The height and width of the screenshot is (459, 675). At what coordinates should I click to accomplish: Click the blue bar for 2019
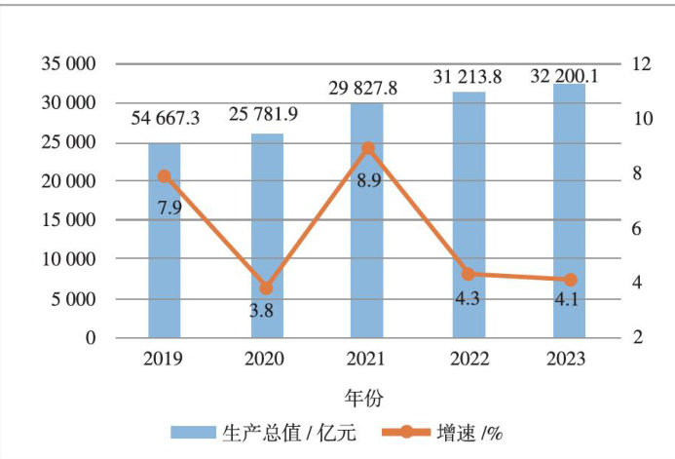click(164, 244)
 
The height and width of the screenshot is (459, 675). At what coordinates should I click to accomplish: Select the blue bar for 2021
click(367, 224)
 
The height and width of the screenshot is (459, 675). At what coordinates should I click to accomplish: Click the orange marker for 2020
click(266, 288)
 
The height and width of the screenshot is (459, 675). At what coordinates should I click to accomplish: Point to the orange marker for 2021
click(367, 148)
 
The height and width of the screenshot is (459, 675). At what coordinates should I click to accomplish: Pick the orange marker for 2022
click(469, 275)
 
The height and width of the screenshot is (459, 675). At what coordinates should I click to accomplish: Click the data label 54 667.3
click(166, 119)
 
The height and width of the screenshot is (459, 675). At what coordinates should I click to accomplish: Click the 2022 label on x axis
click(469, 359)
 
